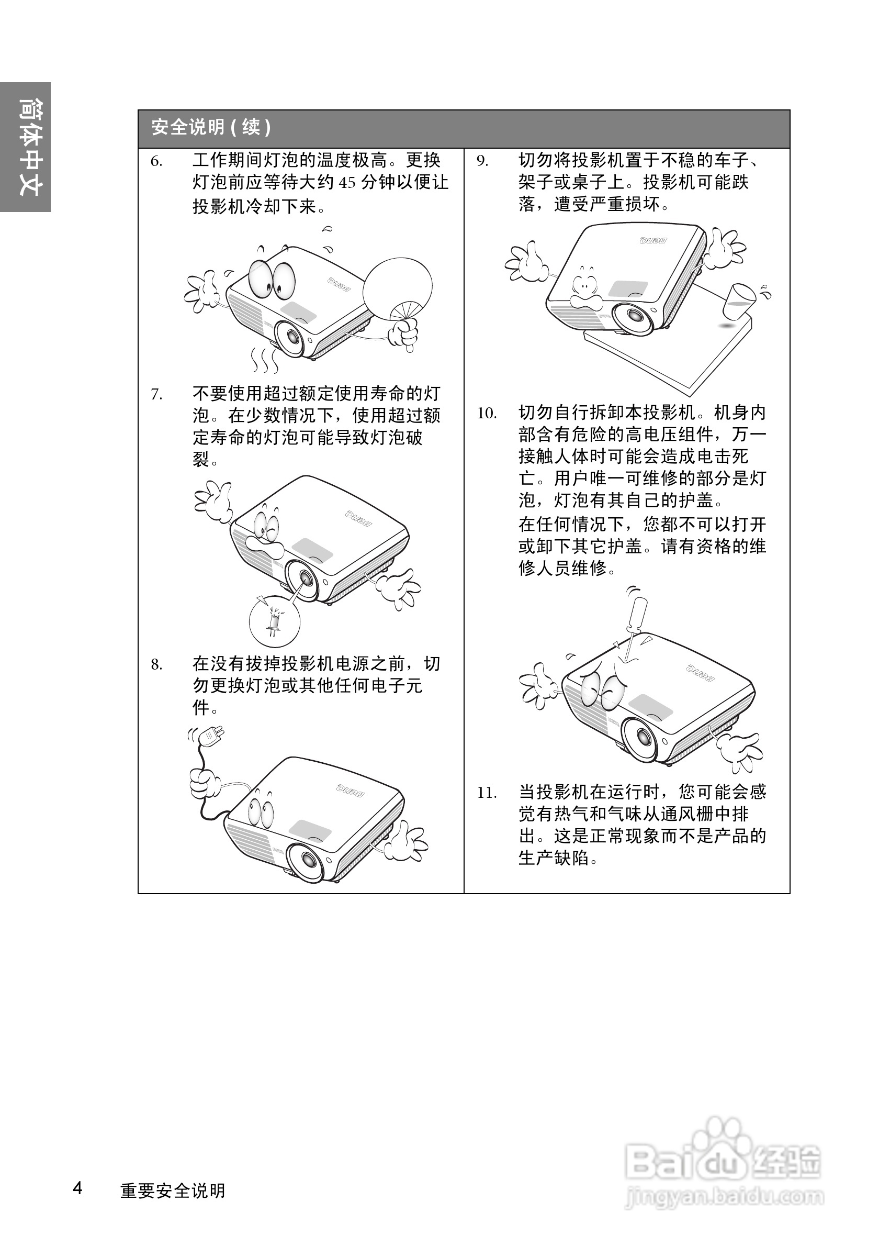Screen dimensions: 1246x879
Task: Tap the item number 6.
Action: click(156, 161)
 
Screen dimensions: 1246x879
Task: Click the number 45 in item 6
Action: click(347, 183)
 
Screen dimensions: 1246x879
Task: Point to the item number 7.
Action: click(156, 395)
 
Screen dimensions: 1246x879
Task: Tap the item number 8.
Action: click(156, 665)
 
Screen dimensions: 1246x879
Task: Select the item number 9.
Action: click(482, 161)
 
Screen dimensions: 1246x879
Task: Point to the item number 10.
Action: click(487, 414)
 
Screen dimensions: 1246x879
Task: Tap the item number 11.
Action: click(487, 793)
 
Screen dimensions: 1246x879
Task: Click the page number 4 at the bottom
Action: click(78, 1188)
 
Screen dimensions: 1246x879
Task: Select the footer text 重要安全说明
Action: click(173, 1191)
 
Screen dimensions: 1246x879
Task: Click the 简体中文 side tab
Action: click(26, 147)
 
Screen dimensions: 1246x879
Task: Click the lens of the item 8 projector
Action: click(306, 861)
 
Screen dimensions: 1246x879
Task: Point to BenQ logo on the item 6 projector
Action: click(339, 283)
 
